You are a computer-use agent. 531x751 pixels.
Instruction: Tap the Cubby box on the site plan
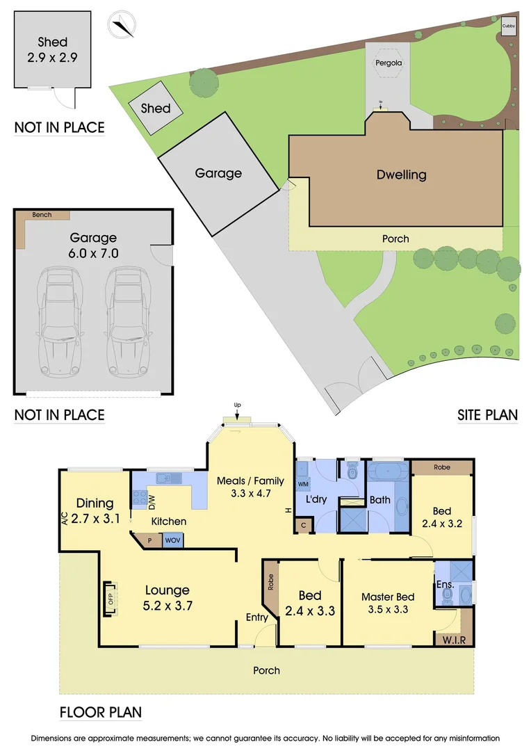pyautogui.click(x=509, y=26)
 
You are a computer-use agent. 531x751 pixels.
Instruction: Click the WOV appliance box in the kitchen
pyautogui.click(x=172, y=540)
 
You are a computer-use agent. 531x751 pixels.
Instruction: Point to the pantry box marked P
pyautogui.click(x=149, y=540)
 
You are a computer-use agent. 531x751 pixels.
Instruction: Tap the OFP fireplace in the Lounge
pyautogui.click(x=109, y=598)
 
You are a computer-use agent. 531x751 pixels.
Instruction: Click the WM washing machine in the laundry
pyautogui.click(x=302, y=483)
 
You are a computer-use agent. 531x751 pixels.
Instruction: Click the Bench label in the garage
pyautogui.click(x=42, y=215)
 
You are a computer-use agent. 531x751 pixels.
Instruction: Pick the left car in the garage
pyautogui.click(x=63, y=320)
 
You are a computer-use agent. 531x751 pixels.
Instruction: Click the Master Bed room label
pyautogui.click(x=388, y=597)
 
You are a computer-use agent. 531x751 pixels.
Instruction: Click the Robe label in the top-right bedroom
pyautogui.click(x=441, y=467)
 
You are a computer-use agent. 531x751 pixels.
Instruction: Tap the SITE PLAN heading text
pyautogui.click(x=487, y=415)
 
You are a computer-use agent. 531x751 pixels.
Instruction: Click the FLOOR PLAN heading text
pyautogui.click(x=101, y=712)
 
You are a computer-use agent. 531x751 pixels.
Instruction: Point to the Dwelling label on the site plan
pyautogui.click(x=401, y=175)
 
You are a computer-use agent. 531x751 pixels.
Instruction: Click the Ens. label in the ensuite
pyautogui.click(x=446, y=585)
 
